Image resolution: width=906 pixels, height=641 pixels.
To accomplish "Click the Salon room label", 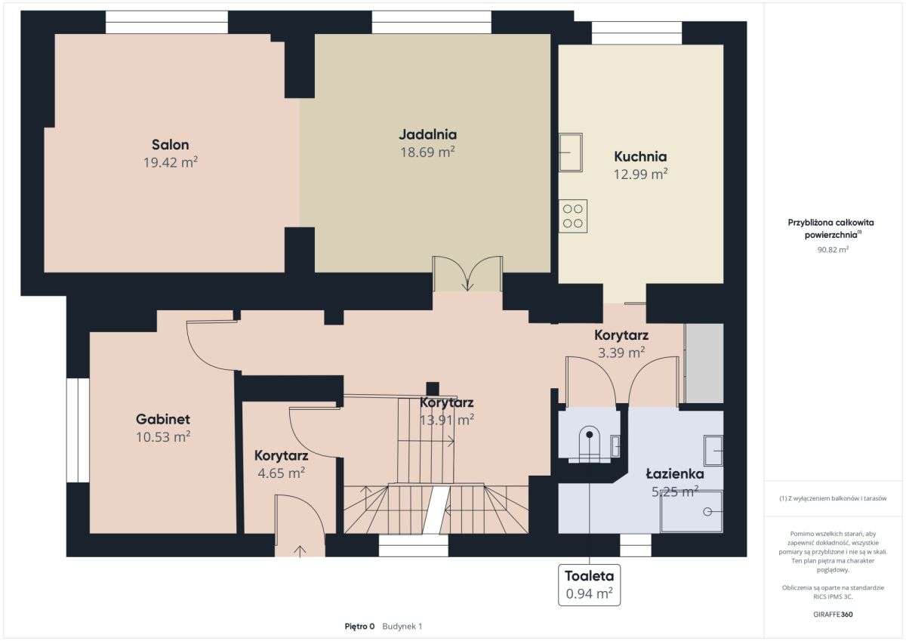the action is [x=171, y=144].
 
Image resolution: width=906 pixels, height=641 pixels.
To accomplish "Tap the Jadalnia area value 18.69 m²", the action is [x=427, y=152].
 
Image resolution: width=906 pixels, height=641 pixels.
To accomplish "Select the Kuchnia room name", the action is [x=640, y=156].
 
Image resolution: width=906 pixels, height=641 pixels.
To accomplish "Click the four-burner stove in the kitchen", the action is [x=573, y=216].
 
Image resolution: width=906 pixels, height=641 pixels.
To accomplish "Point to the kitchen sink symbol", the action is [x=571, y=153].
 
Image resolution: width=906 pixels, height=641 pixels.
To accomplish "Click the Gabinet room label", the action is [x=163, y=419].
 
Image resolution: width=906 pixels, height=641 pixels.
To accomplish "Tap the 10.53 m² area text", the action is [x=163, y=436].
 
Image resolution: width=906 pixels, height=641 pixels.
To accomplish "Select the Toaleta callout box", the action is [x=590, y=585].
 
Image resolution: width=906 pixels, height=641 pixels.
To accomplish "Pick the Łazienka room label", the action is [x=675, y=473].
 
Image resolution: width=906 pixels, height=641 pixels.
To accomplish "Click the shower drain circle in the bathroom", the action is [x=707, y=512].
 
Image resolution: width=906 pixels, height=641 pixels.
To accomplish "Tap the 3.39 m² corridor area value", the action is [x=621, y=353].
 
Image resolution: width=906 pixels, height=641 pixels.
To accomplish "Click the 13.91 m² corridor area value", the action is [x=446, y=421].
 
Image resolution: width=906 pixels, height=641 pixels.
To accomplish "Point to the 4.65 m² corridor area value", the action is [x=281, y=473].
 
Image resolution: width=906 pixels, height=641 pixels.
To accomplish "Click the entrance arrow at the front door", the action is [x=300, y=551].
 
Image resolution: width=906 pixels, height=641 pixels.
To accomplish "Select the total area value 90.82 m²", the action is [x=833, y=249].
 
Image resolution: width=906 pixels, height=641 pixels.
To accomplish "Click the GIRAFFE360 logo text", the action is [x=833, y=615].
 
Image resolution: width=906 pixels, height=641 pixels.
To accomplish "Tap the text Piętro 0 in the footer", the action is [x=359, y=627].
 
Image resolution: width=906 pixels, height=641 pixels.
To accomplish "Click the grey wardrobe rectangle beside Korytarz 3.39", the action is [x=704, y=363].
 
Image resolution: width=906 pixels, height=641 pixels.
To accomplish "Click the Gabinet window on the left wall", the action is [x=78, y=430].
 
